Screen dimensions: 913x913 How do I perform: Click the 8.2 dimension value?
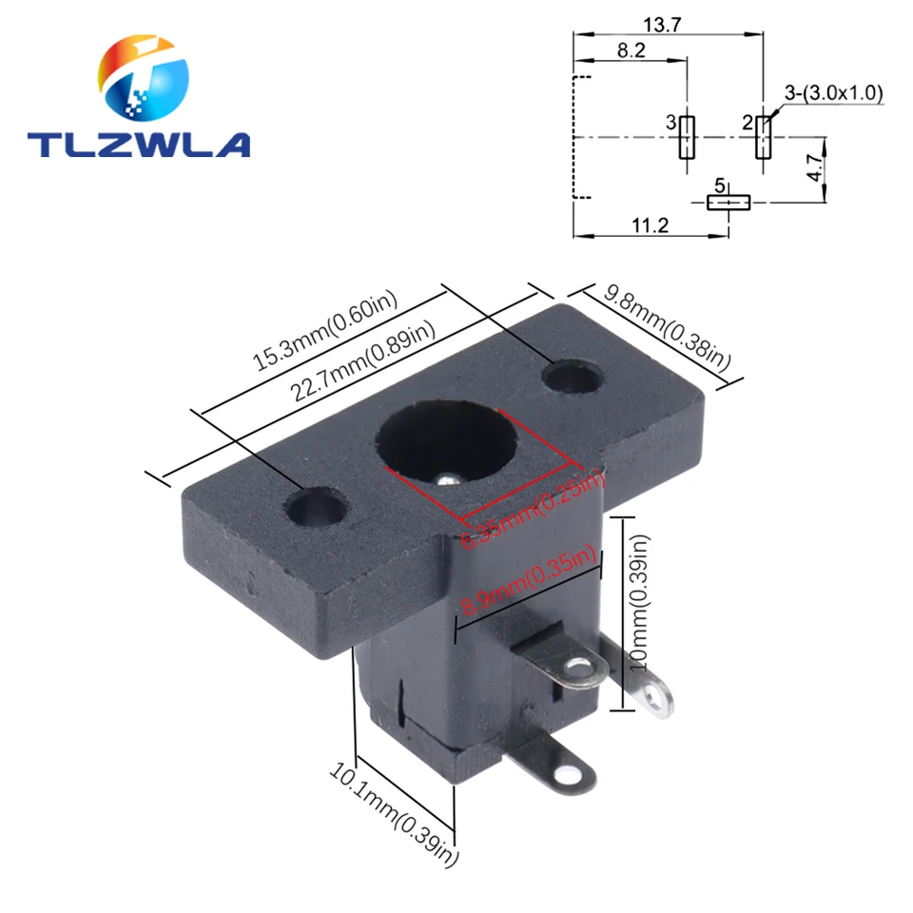(631, 51)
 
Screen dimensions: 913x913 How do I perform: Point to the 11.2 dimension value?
(651, 224)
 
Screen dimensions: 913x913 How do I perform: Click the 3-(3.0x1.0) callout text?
(834, 92)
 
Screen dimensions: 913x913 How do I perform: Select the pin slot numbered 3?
(687, 138)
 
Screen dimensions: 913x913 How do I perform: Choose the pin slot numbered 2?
(762, 138)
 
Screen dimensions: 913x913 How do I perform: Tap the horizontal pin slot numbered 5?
(728, 202)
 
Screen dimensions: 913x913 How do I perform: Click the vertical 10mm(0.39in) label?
(641, 599)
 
